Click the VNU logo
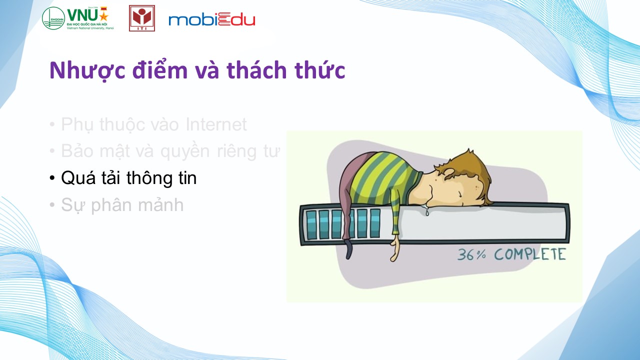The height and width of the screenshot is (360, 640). click(78, 18)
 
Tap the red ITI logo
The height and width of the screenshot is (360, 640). click(141, 18)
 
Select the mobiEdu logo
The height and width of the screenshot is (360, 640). click(211, 19)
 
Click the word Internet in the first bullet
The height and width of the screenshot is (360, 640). click(216, 124)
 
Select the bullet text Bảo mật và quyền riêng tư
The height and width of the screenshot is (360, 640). click(170, 151)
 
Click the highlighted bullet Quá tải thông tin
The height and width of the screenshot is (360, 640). click(129, 177)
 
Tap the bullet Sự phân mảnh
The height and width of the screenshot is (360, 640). click(122, 205)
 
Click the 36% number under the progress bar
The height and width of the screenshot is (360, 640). click(471, 254)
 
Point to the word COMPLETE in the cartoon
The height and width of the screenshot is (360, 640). click(530, 254)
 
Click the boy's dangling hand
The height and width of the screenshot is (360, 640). click(395, 248)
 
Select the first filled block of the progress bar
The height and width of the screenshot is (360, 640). click(311, 224)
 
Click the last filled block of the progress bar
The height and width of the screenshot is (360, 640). click(375, 223)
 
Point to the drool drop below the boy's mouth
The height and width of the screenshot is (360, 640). click(427, 212)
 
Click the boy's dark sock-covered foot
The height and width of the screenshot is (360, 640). click(349, 250)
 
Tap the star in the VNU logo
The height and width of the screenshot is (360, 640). click(103, 17)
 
